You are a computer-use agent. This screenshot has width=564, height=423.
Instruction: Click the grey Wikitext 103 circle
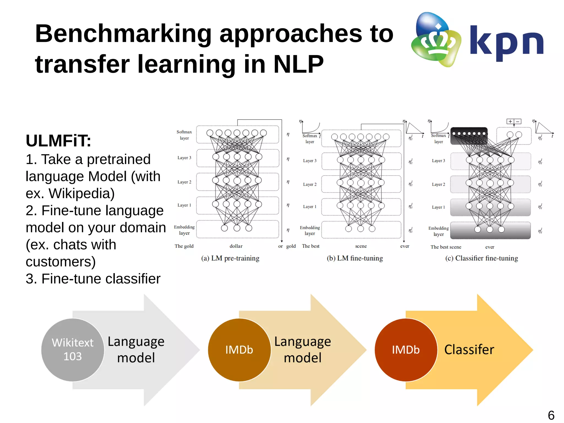pyautogui.click(x=73, y=350)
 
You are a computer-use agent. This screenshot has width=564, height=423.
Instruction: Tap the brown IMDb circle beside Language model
pyautogui.click(x=239, y=350)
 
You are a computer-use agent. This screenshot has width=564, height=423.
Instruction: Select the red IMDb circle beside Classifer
pyautogui.click(x=406, y=350)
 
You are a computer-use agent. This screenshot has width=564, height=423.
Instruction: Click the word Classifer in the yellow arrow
pyautogui.click(x=469, y=349)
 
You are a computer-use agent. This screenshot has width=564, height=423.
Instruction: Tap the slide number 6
pyautogui.click(x=551, y=415)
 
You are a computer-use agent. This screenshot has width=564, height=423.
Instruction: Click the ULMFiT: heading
pyautogui.click(x=58, y=141)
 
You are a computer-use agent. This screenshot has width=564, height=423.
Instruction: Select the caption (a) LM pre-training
pyautogui.click(x=230, y=258)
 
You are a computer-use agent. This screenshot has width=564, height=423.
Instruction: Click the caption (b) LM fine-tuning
pyautogui.click(x=355, y=258)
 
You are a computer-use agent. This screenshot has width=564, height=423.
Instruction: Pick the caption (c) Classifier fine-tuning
pyautogui.click(x=481, y=258)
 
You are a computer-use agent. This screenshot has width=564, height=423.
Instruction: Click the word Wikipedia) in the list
pyautogui.click(x=82, y=193)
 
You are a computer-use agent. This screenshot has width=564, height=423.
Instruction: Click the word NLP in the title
pyautogui.click(x=298, y=64)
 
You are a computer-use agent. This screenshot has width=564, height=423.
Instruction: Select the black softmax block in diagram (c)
pyautogui.click(x=469, y=136)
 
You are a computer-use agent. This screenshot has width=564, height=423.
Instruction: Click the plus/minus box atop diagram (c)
pyautogui.click(x=514, y=122)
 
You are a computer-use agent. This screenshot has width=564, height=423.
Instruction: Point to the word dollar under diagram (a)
pyautogui.click(x=236, y=246)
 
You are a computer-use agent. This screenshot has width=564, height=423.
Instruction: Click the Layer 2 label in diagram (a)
pyautogui.click(x=184, y=182)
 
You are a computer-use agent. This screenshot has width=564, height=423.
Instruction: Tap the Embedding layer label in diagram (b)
pyautogui.click(x=310, y=230)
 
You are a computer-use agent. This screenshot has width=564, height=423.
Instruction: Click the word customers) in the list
pyautogui.click(x=61, y=262)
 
